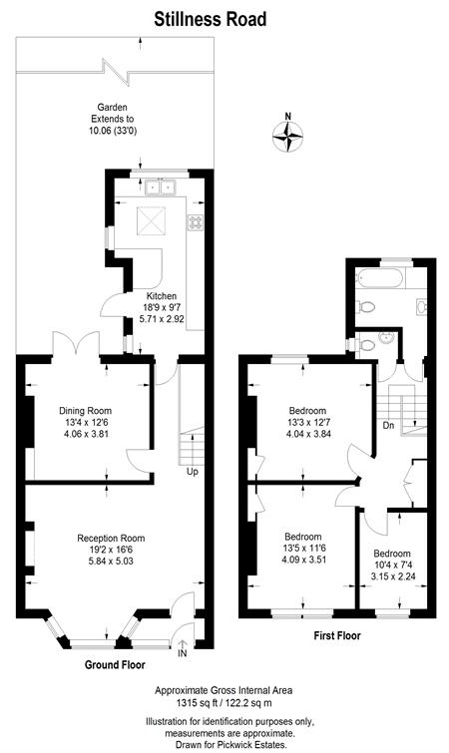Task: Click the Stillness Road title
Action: point(210,20)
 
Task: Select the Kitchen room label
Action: point(162,296)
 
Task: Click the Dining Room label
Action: point(86,411)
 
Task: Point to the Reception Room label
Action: point(111,539)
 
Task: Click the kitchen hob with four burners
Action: point(196,221)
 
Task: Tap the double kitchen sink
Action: point(160,187)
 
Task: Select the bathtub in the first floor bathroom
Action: point(380,278)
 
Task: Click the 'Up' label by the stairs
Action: point(193,472)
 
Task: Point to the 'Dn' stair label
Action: point(389,426)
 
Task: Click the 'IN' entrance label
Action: point(183,653)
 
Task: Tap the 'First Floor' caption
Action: point(337,635)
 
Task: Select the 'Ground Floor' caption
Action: point(115,664)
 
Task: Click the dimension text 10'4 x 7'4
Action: point(392,565)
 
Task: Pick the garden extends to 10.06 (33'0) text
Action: point(113,119)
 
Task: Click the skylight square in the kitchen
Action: point(152,220)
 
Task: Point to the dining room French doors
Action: point(76,343)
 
